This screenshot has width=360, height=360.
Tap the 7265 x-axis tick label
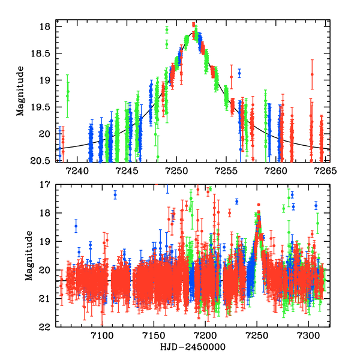[x=326, y=171]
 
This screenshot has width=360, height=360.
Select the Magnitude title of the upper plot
[x=20, y=93]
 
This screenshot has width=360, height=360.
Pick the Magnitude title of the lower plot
[x=28, y=256]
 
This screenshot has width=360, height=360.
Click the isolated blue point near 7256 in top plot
[x=239, y=73]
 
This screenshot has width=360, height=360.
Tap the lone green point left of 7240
[x=67, y=93]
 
